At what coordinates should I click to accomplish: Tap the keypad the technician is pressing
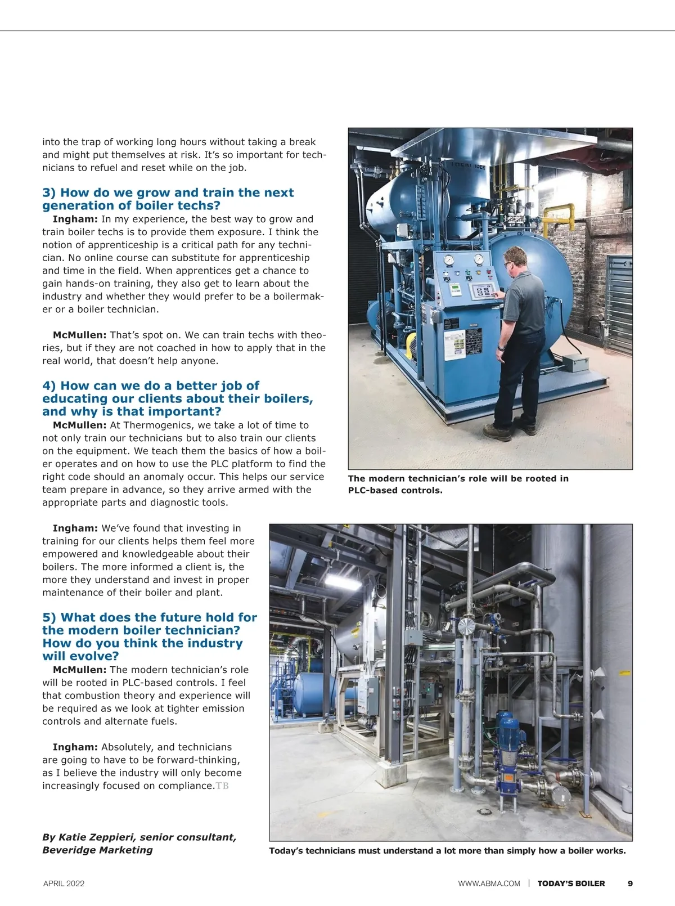click(483, 291)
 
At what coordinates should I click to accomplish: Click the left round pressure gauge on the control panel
click(448, 260)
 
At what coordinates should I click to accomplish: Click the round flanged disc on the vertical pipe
click(466, 626)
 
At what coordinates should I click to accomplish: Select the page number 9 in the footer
click(630, 883)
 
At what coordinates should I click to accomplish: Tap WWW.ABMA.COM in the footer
click(489, 883)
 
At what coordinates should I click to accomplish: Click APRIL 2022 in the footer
click(64, 883)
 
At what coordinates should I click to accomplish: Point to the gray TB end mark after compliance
click(222, 786)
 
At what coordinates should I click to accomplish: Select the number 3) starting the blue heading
click(49, 193)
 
